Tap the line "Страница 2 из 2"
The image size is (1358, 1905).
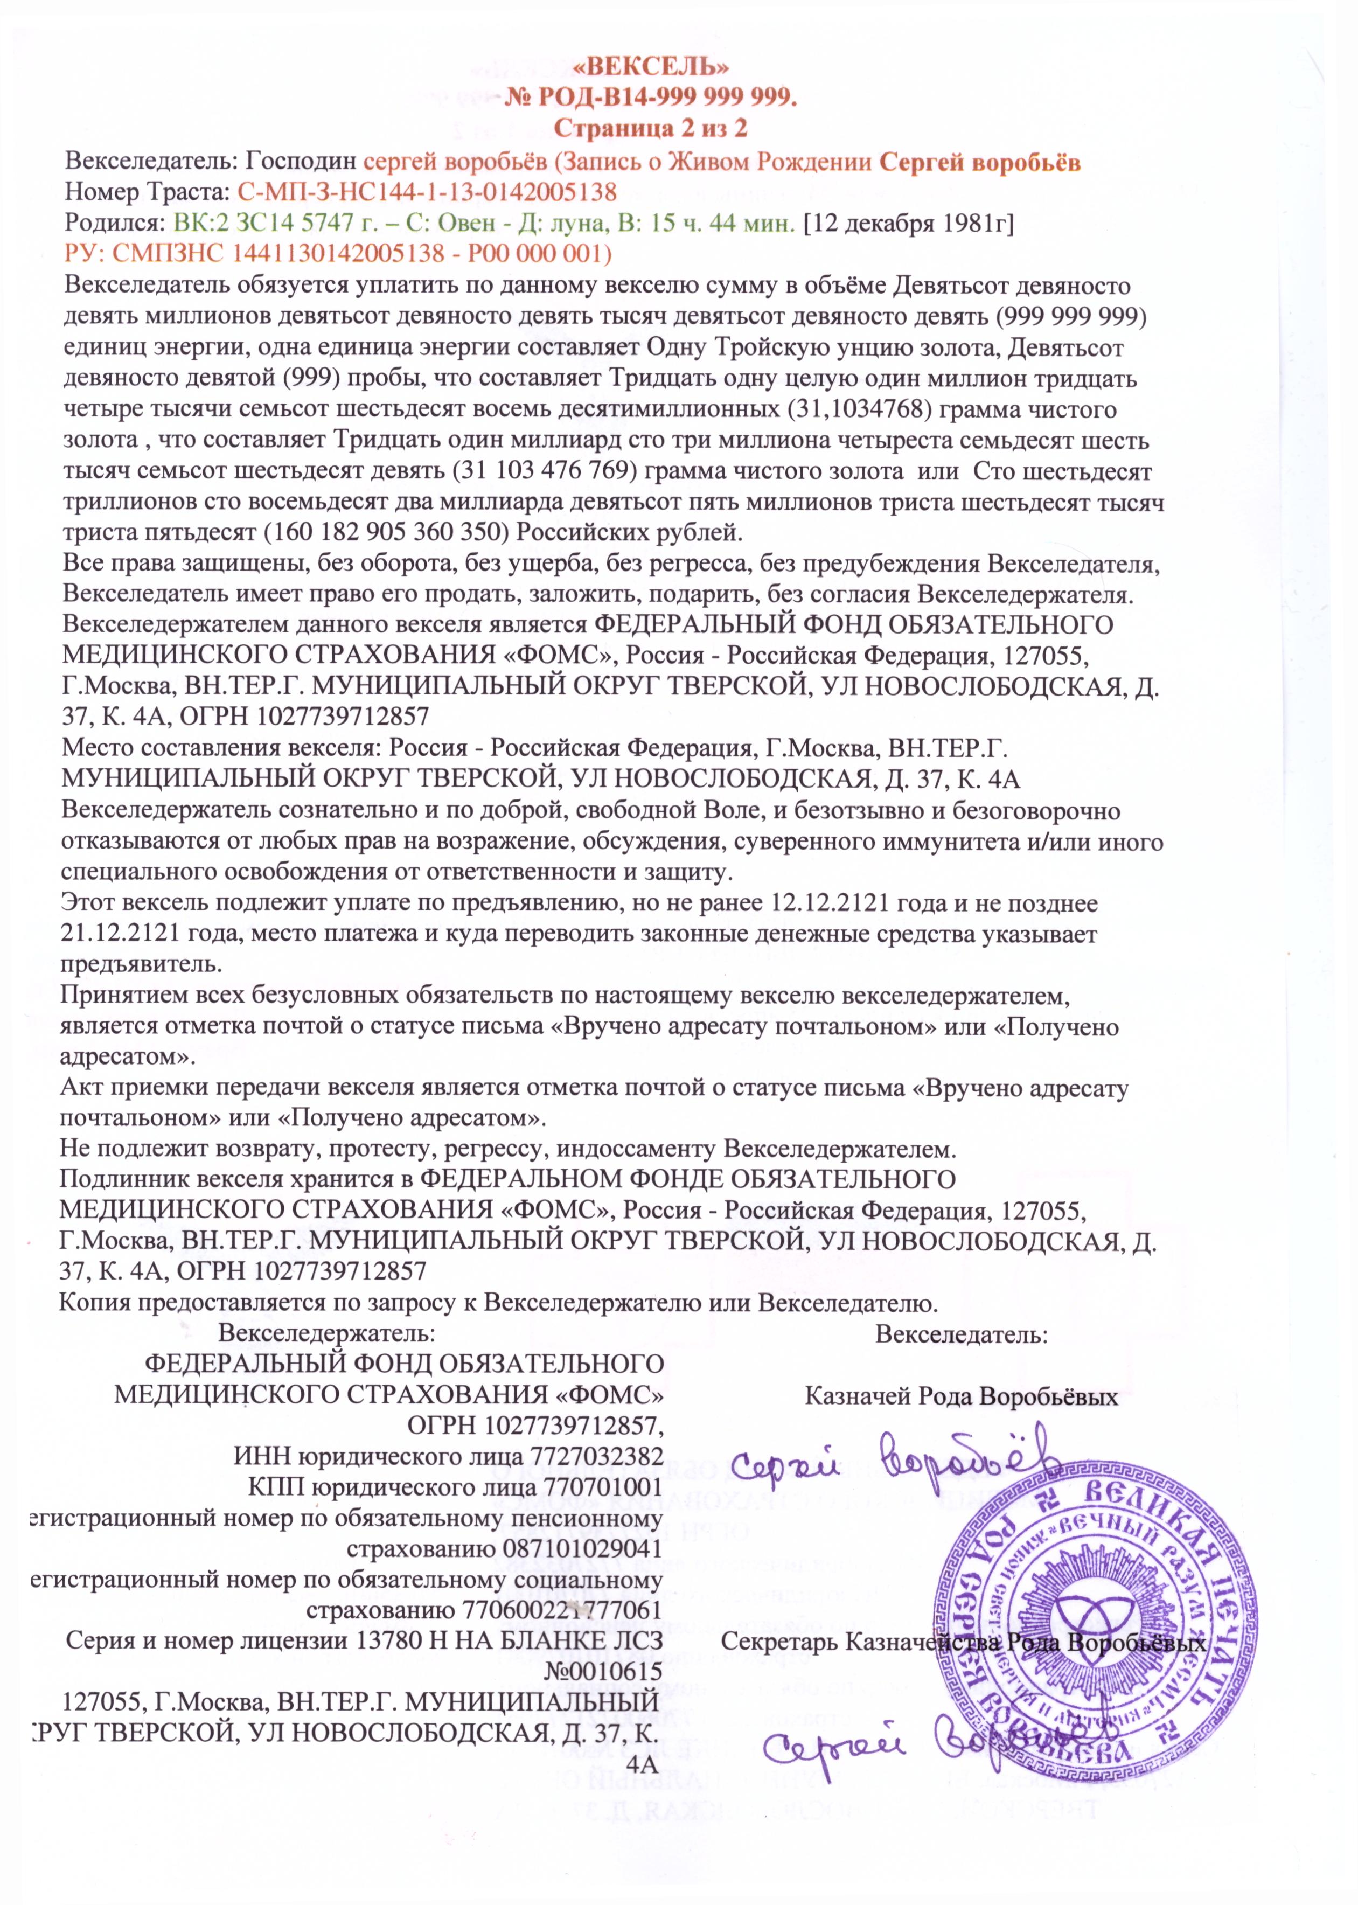point(651,129)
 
